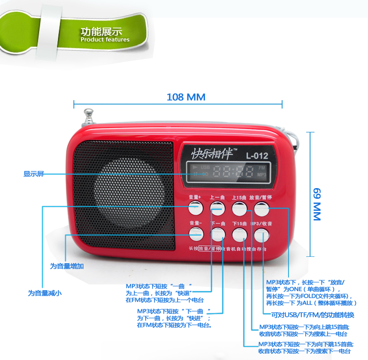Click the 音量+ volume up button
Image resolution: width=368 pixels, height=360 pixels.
click(195, 208)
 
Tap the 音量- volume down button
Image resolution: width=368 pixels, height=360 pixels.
click(195, 234)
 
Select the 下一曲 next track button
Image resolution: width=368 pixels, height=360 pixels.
click(217, 234)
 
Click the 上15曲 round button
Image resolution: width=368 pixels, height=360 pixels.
click(239, 208)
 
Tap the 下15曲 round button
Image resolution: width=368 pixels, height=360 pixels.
click(239, 234)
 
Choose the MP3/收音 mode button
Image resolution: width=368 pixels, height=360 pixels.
click(262, 234)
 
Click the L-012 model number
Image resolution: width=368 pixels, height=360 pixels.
click(257, 156)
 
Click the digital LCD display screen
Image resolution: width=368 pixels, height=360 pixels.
click(229, 171)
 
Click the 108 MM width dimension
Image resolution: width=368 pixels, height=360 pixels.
click(179, 97)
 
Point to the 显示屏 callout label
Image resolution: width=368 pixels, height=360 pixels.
click(33, 174)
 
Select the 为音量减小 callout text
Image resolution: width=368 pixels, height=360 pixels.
click(45, 293)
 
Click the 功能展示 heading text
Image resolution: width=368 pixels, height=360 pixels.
click(102, 31)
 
